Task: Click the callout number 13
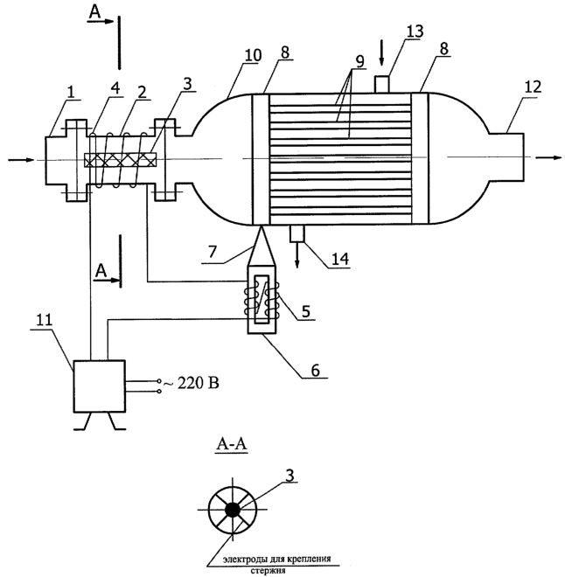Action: (x=415, y=31)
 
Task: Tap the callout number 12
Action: (x=533, y=87)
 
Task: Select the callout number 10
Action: (x=253, y=55)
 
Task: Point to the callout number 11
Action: (x=45, y=320)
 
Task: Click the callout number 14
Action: (x=340, y=259)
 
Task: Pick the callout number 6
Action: (x=316, y=370)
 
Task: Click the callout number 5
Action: (x=306, y=311)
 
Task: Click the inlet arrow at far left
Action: (x=22, y=160)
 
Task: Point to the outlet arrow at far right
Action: (x=548, y=157)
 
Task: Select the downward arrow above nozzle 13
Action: (x=381, y=53)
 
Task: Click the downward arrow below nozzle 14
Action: (x=297, y=255)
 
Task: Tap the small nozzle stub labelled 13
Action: (x=381, y=84)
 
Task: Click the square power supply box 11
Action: (x=100, y=386)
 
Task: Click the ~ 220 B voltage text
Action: (x=191, y=384)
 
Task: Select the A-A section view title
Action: (x=232, y=444)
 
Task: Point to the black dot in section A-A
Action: (x=233, y=510)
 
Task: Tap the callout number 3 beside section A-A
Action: (x=290, y=476)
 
